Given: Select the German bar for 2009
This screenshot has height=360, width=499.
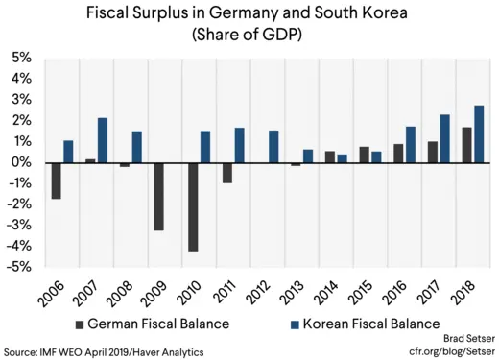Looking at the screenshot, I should pos(158,196).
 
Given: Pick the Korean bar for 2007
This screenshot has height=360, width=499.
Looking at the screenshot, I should pos(102,140).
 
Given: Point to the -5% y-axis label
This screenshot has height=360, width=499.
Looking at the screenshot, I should pos(19,267).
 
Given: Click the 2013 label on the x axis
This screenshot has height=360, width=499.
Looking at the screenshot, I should pos(293,291).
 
